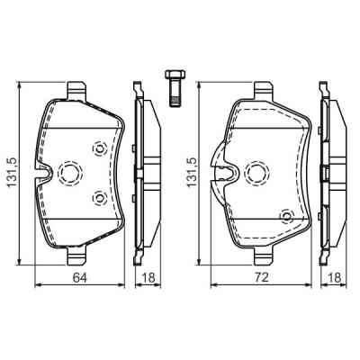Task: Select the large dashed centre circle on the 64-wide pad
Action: coord(69,173)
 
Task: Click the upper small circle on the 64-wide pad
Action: coord(99,149)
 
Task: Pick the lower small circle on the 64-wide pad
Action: coord(99,198)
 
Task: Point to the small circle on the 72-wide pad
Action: coord(286,216)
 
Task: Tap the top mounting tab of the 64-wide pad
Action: coord(77,89)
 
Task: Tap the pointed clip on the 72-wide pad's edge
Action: coord(217,162)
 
